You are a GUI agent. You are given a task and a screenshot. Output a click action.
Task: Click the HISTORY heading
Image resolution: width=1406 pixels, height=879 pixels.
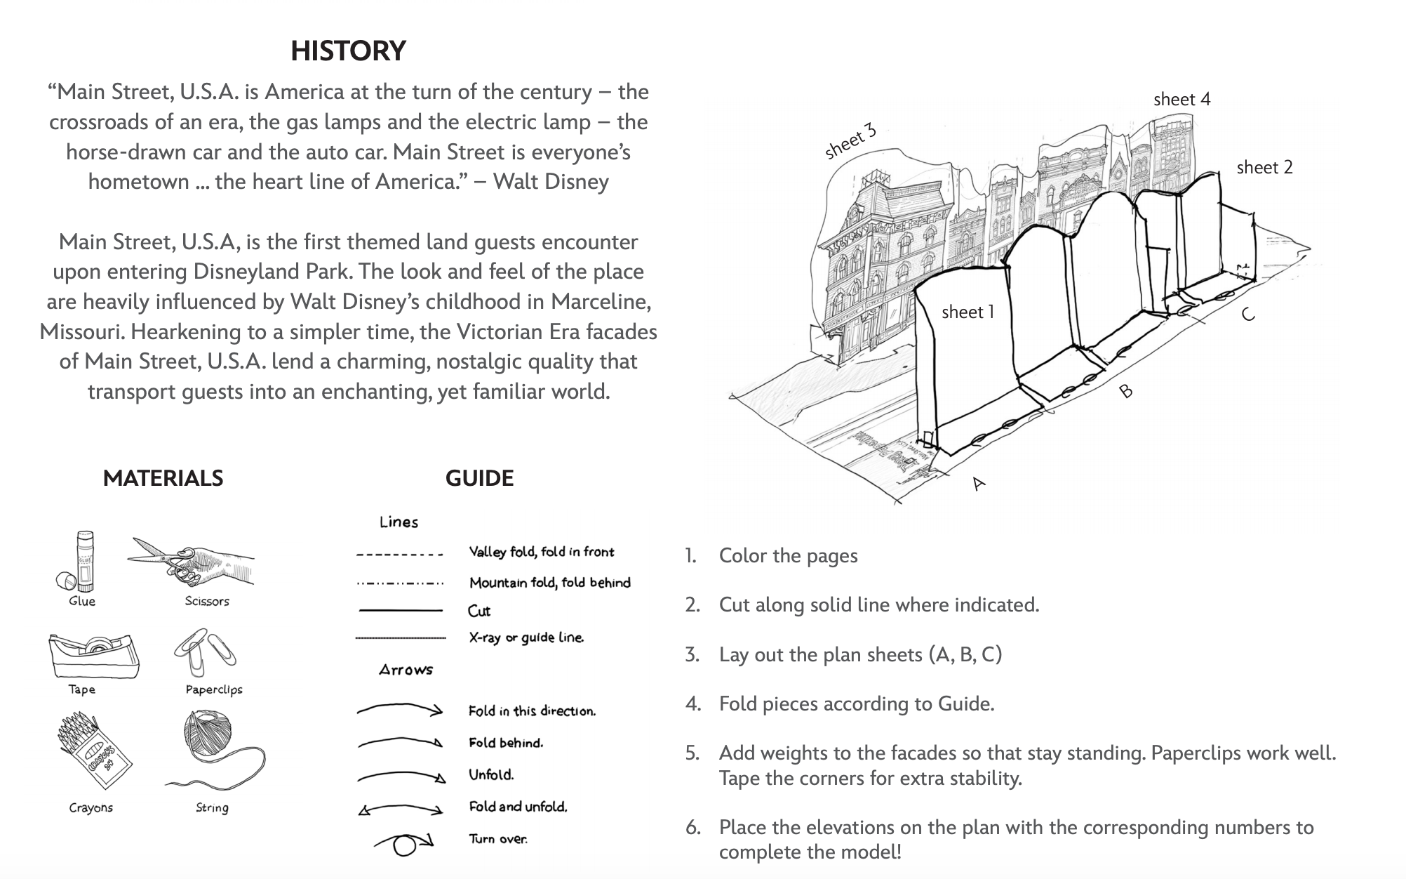pos(348,51)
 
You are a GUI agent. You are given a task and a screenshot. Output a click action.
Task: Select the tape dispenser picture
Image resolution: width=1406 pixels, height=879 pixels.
pos(93,656)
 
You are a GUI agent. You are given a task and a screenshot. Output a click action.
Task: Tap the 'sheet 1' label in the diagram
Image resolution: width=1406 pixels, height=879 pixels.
pos(968,312)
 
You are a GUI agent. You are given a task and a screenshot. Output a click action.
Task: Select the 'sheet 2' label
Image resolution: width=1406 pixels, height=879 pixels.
pos(1264,168)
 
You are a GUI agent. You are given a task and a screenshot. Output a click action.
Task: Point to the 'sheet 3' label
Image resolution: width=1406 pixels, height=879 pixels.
pos(850,141)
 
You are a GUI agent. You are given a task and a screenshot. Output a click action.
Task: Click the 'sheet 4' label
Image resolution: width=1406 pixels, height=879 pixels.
pos(1181,100)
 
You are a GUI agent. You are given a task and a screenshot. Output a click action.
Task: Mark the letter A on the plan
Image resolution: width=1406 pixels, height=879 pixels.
pos(979,483)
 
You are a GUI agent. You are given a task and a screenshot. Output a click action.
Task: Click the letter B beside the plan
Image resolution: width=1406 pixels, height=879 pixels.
pos(1126,391)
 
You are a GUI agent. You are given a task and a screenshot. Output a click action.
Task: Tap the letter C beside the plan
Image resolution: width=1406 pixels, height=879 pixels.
pos(1247,315)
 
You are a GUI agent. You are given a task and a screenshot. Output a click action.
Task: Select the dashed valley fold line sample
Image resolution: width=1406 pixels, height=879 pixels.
pos(399,555)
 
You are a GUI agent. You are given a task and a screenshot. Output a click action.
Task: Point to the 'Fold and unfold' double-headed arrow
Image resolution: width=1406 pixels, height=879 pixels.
pos(399,809)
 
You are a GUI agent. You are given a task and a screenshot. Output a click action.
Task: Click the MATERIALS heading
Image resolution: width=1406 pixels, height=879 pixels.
pos(163,479)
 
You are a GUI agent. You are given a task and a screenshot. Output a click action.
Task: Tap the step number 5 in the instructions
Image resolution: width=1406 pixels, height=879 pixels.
pos(692,753)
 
